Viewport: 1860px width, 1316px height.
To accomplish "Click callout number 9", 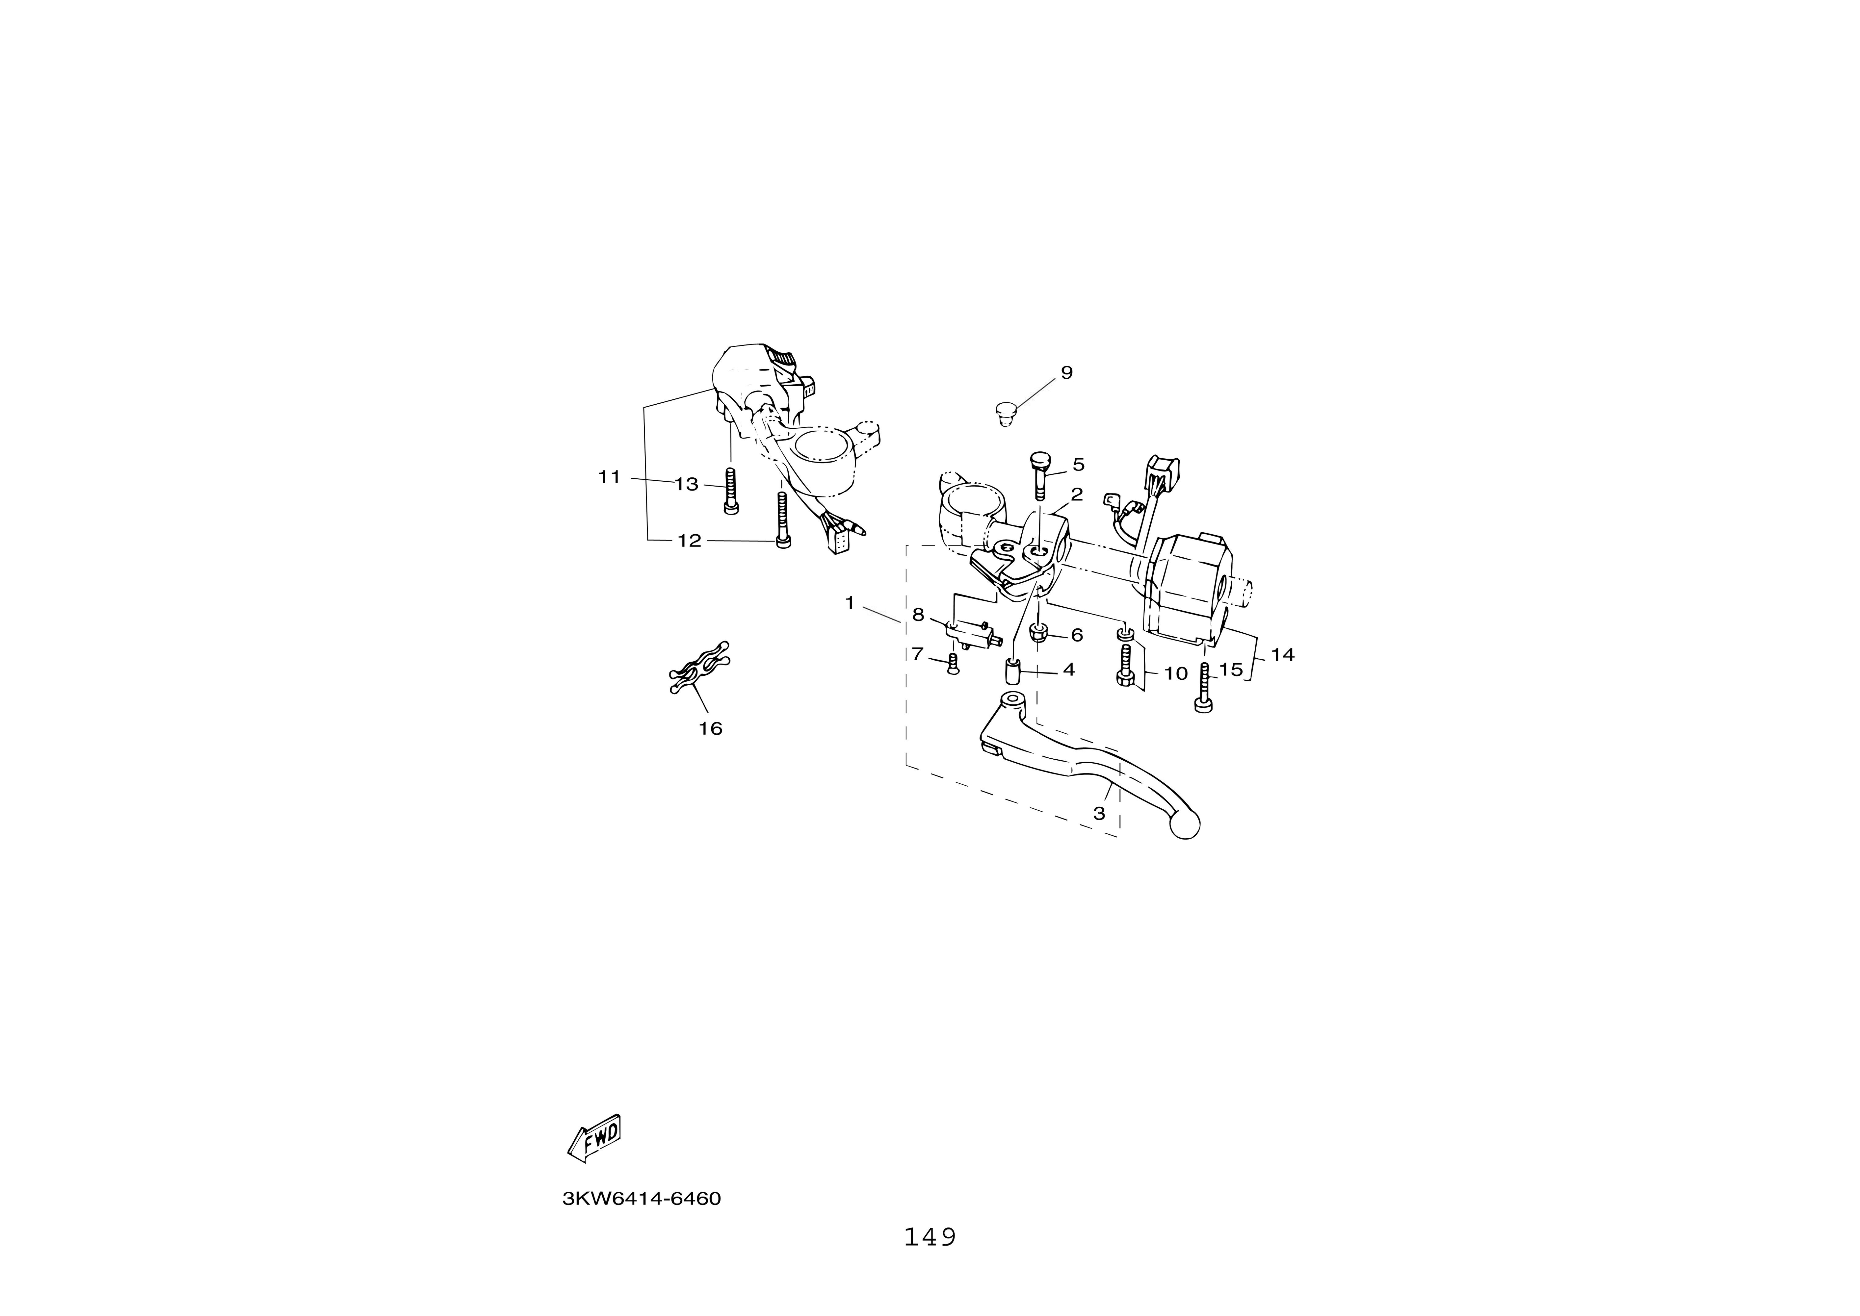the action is [1066, 373].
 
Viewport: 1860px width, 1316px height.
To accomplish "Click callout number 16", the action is [711, 728].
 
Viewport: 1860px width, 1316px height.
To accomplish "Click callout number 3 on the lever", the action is [1099, 814].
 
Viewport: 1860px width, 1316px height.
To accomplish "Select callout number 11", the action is [610, 477].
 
